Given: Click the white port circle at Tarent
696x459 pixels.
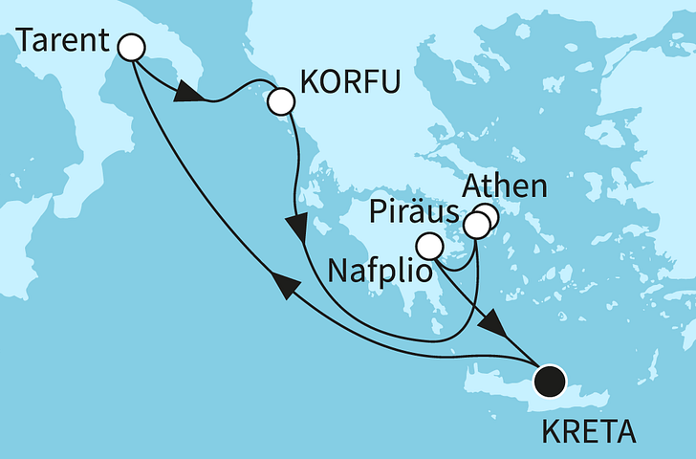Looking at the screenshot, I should [129, 47].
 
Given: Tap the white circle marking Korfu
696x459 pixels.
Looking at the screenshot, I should [281, 100].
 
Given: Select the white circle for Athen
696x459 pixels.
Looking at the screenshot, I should [487, 217].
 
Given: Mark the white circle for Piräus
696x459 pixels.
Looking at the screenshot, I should [475, 226].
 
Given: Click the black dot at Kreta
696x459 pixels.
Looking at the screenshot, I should [550, 382].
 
